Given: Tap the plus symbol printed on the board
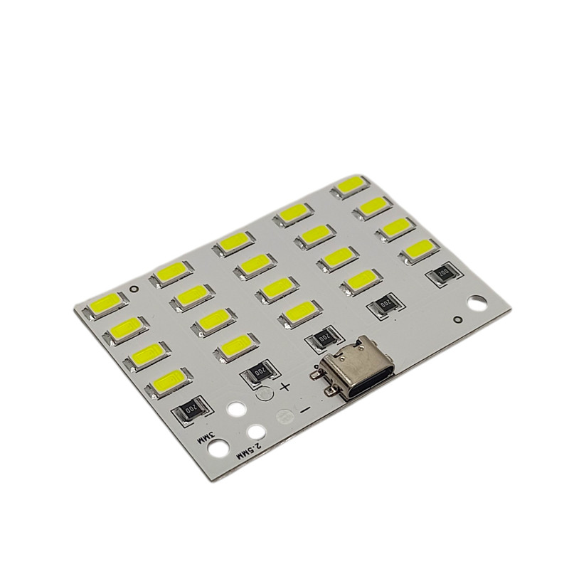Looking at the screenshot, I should point(285,387).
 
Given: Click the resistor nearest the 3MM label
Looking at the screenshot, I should point(191,410).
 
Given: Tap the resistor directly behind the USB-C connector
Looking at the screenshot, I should point(321,338).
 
